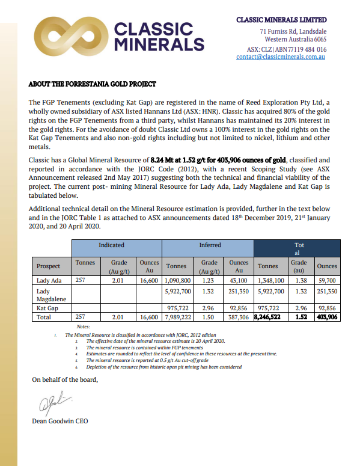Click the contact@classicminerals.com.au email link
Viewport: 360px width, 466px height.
(x=281, y=57)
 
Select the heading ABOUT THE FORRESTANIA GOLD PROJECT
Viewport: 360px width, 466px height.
(x=93, y=84)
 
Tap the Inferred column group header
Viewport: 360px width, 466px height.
(x=210, y=245)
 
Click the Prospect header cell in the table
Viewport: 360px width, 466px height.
(x=49, y=266)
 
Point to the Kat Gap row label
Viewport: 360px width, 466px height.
(x=47, y=307)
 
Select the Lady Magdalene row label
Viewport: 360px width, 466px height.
(x=51, y=294)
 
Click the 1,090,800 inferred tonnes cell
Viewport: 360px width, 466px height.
(x=178, y=280)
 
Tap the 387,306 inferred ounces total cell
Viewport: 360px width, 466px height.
(x=239, y=316)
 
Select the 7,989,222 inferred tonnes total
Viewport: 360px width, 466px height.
(x=178, y=316)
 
